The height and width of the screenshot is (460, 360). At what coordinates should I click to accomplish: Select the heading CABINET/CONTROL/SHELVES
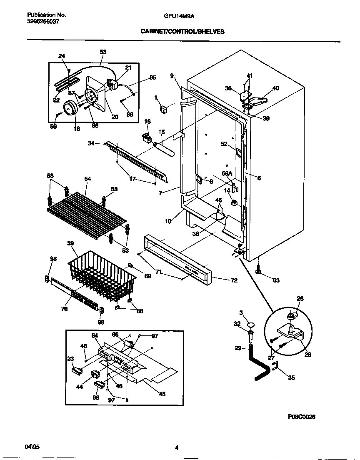click(182, 31)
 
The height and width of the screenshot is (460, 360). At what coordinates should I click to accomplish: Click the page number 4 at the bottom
click(177, 448)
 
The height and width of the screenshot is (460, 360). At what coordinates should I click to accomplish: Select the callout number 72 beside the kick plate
click(234, 280)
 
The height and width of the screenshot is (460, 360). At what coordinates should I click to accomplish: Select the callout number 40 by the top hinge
click(276, 88)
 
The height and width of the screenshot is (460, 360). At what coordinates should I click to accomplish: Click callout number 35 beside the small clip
click(291, 378)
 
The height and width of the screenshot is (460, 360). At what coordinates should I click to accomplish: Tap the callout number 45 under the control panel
click(162, 394)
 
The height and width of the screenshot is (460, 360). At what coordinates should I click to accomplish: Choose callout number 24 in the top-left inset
click(62, 56)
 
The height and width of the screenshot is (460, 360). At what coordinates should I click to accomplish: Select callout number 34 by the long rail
click(90, 143)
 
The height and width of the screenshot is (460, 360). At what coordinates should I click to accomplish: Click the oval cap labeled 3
click(250, 324)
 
